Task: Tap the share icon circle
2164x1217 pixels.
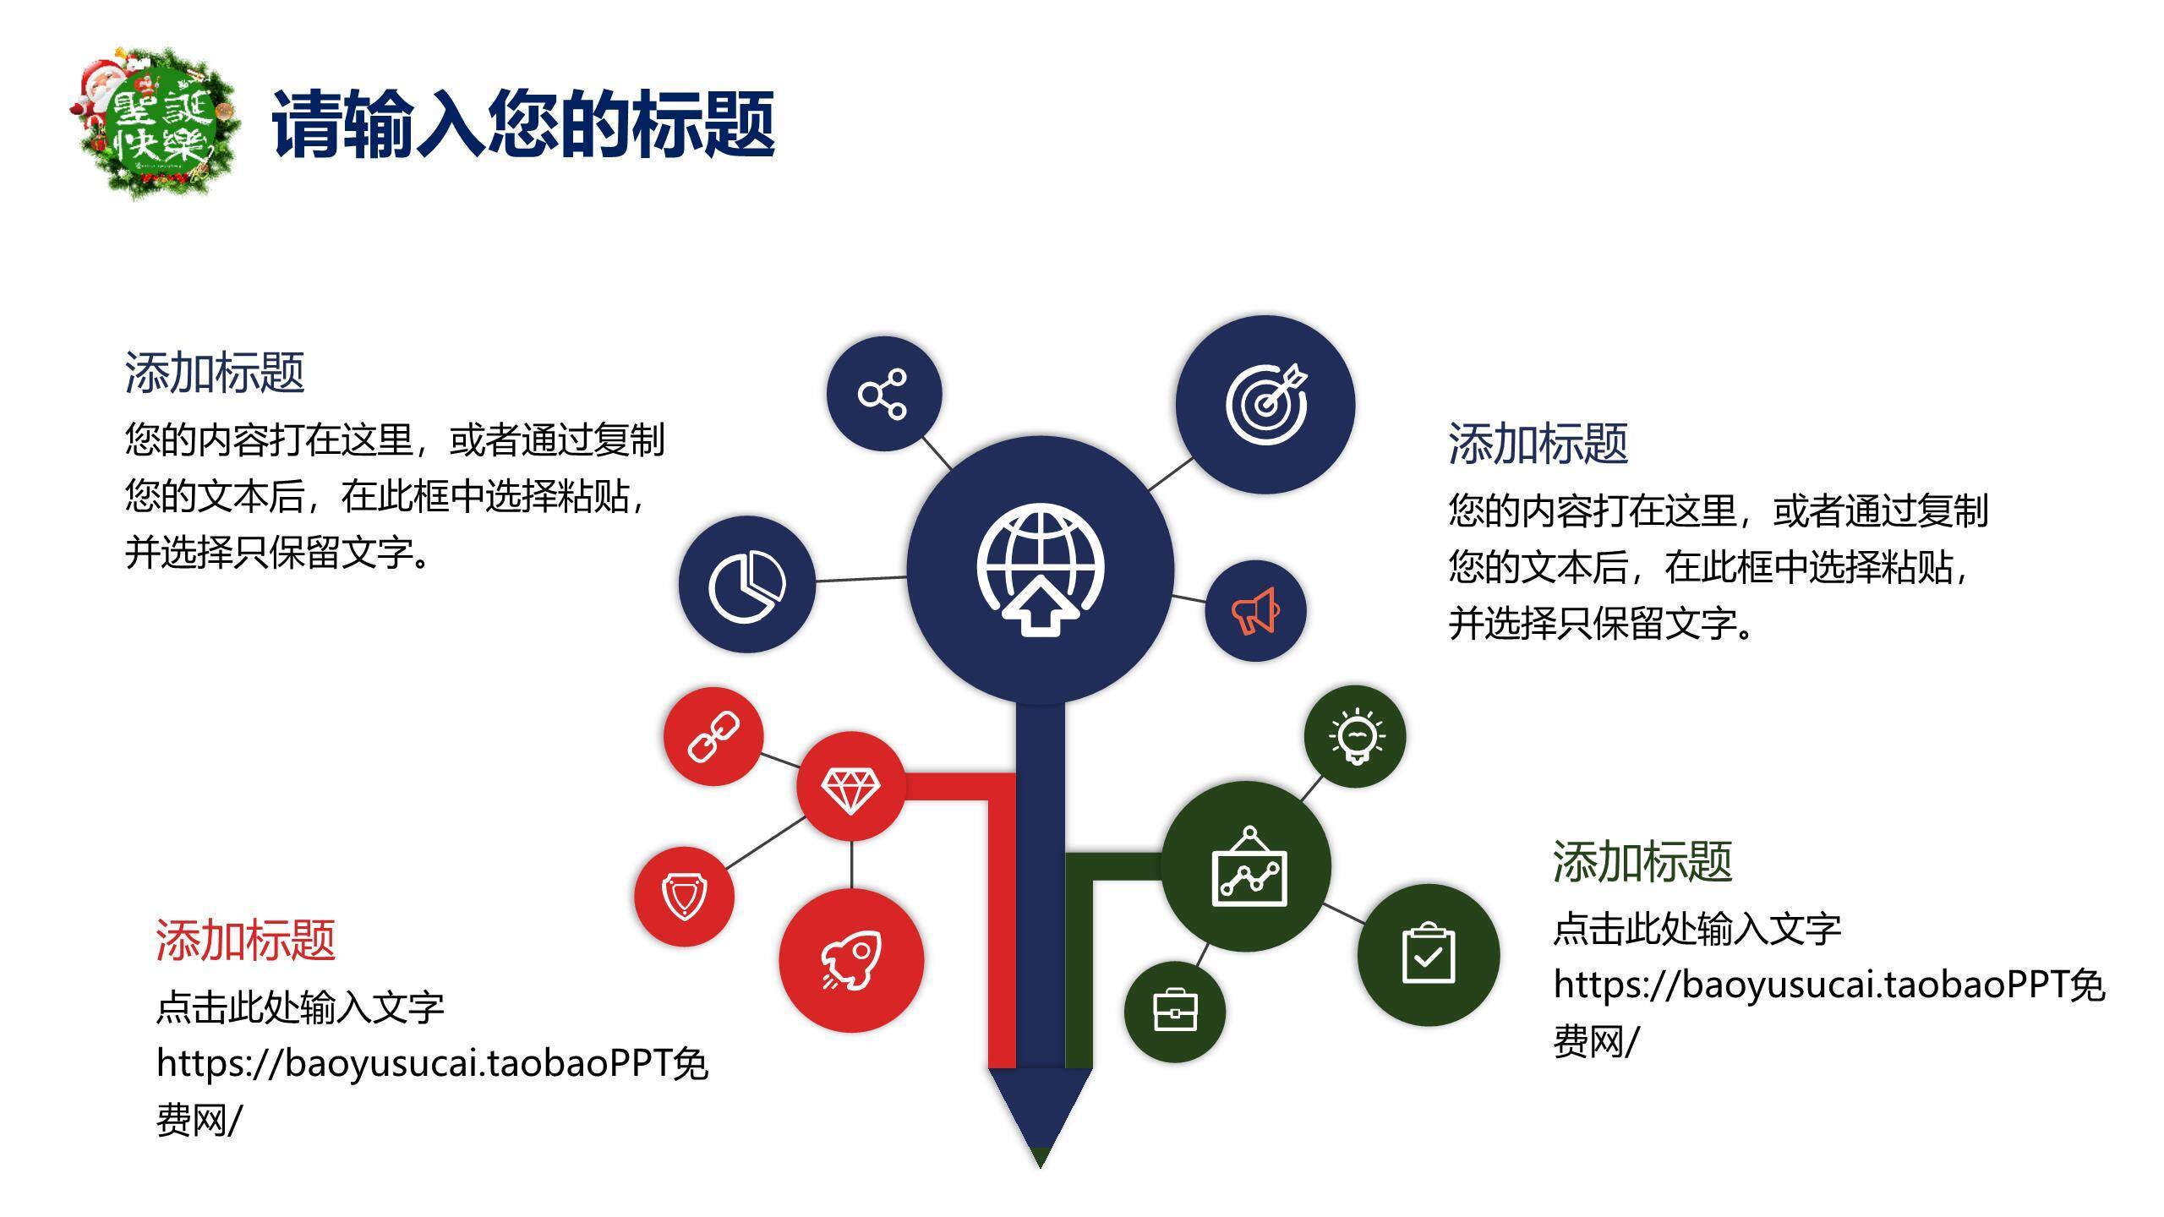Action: pos(883,393)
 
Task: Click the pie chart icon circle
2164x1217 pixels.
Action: pos(746,585)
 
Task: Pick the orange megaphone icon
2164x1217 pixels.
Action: pos(1255,611)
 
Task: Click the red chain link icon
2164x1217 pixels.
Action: pos(713,736)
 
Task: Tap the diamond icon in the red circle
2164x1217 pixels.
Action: pos(850,790)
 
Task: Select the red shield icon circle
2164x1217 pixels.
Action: pos(685,896)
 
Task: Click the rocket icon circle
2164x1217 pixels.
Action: pos(851,960)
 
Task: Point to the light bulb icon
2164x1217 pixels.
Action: pos(1356,736)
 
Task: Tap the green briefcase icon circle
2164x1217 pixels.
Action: pos(1175,1011)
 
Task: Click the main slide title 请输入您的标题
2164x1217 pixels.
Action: pos(523,124)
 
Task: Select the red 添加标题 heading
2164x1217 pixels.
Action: pos(246,940)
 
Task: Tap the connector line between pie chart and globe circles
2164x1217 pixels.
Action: pos(861,579)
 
